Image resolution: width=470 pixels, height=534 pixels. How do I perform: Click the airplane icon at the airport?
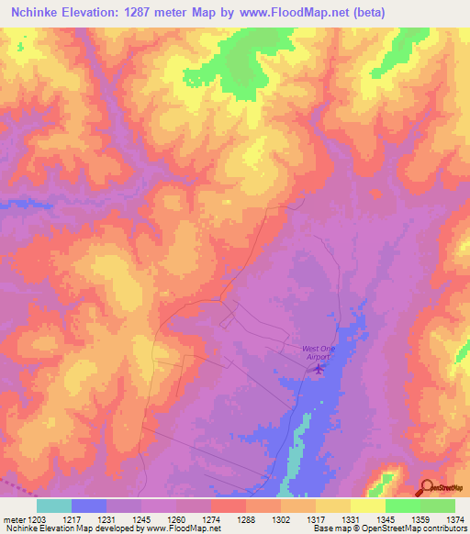(319, 369)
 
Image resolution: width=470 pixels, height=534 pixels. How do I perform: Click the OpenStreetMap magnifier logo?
(428, 488)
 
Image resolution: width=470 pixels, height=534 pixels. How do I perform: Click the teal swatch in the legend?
(54, 506)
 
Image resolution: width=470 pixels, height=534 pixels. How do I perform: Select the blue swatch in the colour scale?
(89, 506)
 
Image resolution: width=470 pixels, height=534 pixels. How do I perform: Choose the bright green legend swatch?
(402, 506)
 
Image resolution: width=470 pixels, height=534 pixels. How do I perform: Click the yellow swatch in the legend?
(367, 506)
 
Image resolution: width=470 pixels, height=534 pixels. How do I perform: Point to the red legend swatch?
(228, 506)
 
